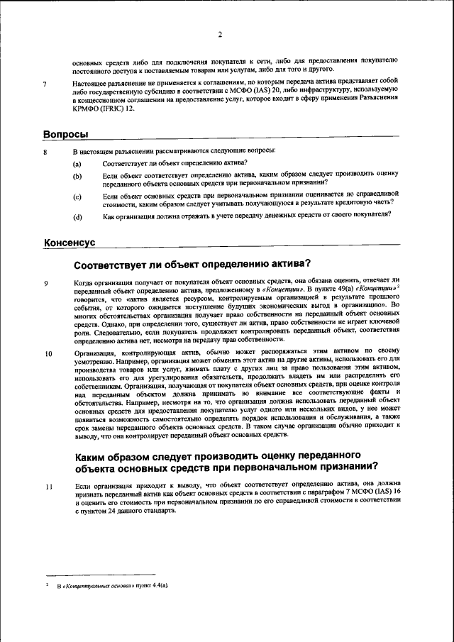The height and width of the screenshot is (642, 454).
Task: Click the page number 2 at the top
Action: click(x=220, y=35)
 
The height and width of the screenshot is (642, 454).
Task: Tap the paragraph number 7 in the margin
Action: click(x=45, y=84)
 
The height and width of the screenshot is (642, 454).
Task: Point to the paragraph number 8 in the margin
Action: click(x=45, y=152)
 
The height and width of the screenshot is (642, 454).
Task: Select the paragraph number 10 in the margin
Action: click(x=48, y=353)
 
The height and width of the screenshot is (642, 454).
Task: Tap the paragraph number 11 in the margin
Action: click(x=48, y=487)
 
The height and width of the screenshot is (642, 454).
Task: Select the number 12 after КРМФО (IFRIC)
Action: click(x=129, y=109)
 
